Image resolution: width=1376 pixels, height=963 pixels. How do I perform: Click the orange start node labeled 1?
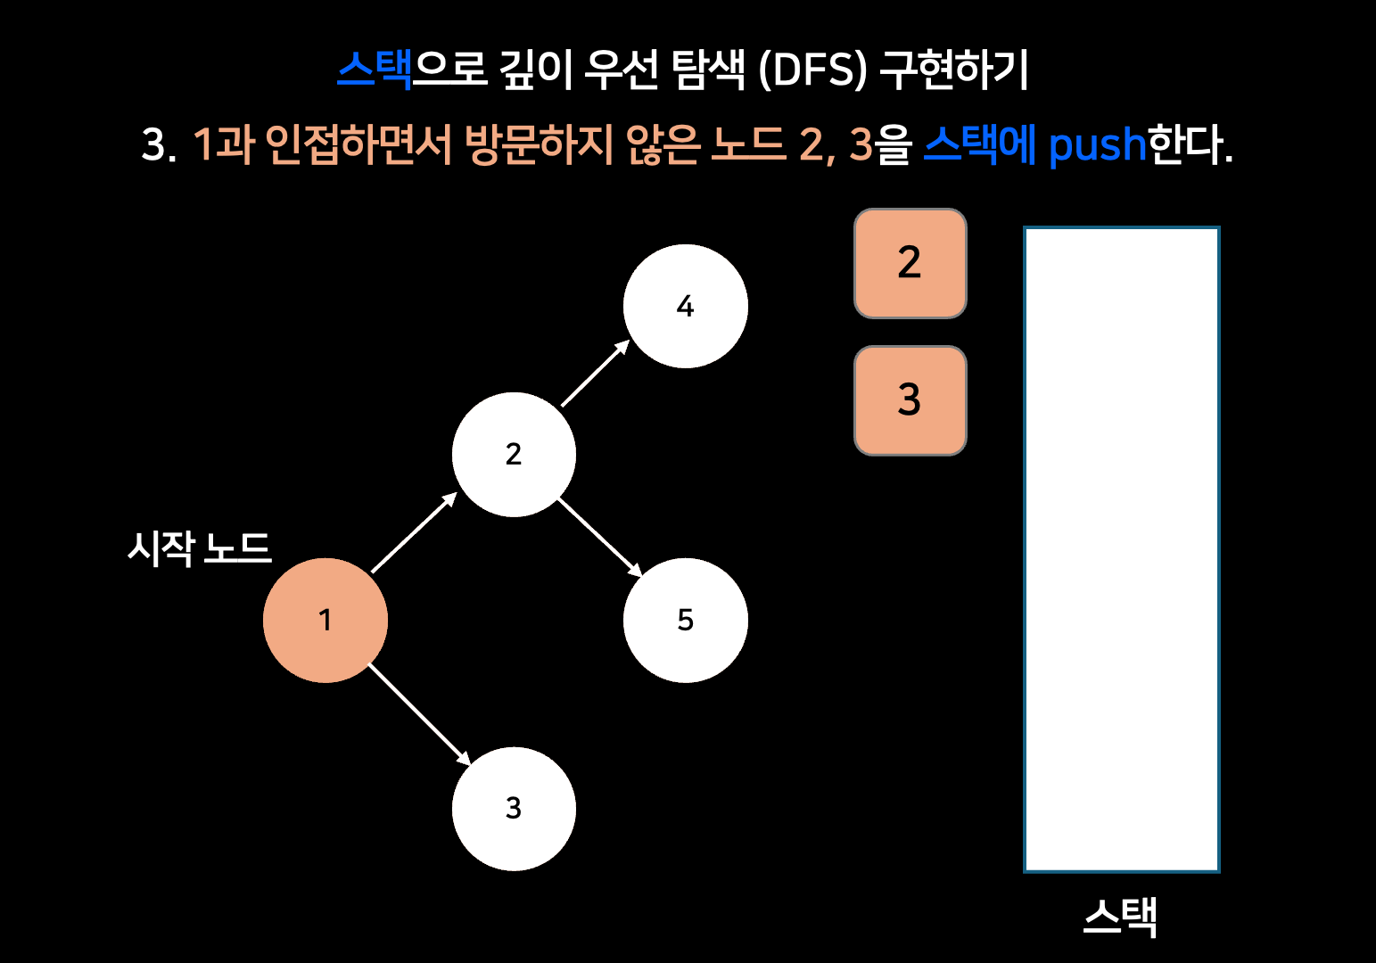pos(325,621)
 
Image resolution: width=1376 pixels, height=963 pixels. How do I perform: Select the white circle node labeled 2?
pos(514,455)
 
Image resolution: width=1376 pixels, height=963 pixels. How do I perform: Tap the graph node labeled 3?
pos(514,809)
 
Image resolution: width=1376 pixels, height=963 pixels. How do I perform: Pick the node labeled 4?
pos(685,306)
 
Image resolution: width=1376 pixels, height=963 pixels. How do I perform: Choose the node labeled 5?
pos(685,621)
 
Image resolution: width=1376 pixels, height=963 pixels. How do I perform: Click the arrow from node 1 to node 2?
pos(414,532)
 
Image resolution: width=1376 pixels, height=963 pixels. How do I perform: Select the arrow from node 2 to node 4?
pos(595,374)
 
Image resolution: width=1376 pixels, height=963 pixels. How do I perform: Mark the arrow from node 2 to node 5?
pos(599,537)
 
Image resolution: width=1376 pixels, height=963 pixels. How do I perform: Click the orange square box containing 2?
pos(910,263)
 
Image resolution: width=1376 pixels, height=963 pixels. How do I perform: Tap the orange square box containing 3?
pos(910,400)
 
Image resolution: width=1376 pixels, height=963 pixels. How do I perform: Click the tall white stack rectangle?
pos(1121,549)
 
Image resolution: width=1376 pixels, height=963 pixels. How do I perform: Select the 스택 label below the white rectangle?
pos(1120,917)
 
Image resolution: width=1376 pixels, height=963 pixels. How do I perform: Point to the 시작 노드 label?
pos(199,547)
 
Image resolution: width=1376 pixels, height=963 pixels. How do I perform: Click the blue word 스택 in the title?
pos(375,69)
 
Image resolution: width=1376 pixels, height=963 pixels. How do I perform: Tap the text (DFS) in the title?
pos(812,70)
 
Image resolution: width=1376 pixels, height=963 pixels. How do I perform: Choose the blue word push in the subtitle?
pos(1097,144)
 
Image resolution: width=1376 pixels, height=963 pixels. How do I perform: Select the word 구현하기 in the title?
pos(954,69)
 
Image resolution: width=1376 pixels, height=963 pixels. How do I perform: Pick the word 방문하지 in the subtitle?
pos(539,144)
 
